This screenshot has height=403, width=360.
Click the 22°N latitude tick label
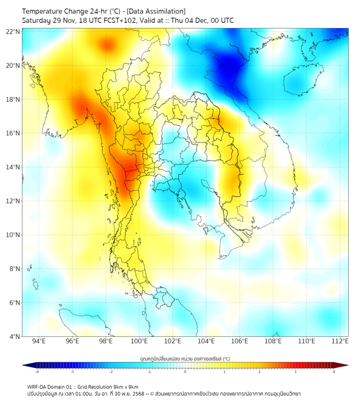pyautogui.click(x=13, y=31)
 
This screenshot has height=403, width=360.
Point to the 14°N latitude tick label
pyautogui.click(x=13, y=167)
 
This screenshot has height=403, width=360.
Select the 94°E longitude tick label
pyautogui.click(x=39, y=341)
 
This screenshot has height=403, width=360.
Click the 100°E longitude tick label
pyautogui.click(x=140, y=341)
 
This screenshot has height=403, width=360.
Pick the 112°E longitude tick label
pyautogui.click(x=340, y=341)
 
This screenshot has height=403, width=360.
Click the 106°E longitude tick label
pyautogui.click(x=240, y=341)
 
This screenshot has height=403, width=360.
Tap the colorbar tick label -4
pyautogui.click(x=37, y=372)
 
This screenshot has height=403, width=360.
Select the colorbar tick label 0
pyautogui.click(x=185, y=372)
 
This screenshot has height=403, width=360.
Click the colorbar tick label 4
pyautogui.click(x=333, y=372)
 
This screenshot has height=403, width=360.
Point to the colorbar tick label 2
pyautogui.click(x=259, y=372)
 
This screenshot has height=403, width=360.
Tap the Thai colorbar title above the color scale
pyautogui.click(x=185, y=358)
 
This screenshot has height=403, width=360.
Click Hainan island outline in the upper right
pyautogui.click(x=301, y=79)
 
